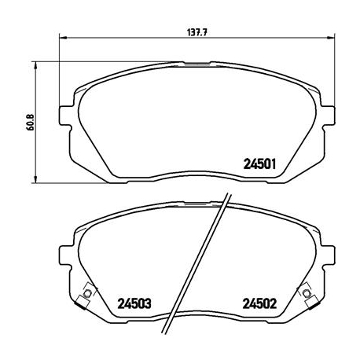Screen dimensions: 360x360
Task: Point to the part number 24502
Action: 259,302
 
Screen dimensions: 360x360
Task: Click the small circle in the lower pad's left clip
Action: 86,294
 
